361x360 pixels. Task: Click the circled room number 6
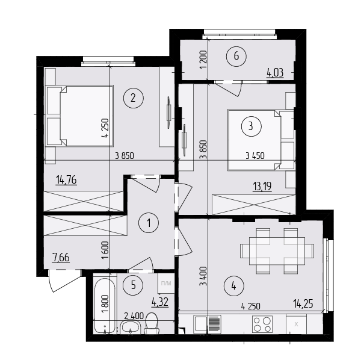pos(236,56)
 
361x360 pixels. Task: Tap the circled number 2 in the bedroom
pos(134,98)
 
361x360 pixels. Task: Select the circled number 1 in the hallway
pos(149,223)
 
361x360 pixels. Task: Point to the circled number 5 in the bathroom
pos(134,285)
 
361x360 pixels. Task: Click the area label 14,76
pos(66,180)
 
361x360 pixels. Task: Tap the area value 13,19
pos(262,187)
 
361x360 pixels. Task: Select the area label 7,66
pos(61,258)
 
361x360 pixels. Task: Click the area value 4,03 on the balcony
pos(275,73)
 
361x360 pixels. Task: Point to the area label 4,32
pos(160,302)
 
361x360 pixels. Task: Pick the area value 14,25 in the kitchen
pos(303,304)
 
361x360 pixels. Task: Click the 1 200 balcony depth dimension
pos(204,60)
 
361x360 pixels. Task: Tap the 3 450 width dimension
pos(255,156)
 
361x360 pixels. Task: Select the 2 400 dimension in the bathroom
pos(134,316)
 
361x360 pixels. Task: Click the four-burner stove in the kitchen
pos(262,324)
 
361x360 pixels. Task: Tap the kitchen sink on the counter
pos(208,324)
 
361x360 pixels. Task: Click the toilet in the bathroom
pos(152,323)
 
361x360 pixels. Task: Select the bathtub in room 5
pos(105,306)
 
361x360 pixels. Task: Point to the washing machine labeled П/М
pos(166,284)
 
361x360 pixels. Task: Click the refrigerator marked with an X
pos(296,324)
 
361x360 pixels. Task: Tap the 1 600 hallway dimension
pos(105,250)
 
